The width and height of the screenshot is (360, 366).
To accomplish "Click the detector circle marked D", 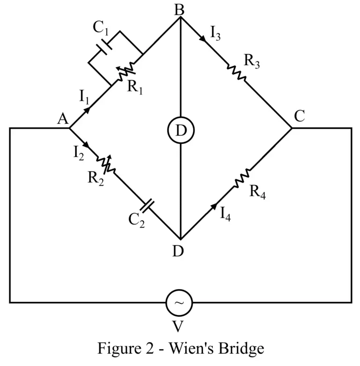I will pyautogui.click(x=180, y=132).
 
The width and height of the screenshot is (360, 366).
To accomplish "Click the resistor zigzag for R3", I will pyautogui.click(x=237, y=73).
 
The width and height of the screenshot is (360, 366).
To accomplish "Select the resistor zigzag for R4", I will pyautogui.click(x=243, y=178).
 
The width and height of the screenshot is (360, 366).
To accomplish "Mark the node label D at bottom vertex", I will pyautogui.click(x=178, y=251).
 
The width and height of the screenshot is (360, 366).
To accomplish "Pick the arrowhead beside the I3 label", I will pyautogui.click(x=202, y=39).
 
